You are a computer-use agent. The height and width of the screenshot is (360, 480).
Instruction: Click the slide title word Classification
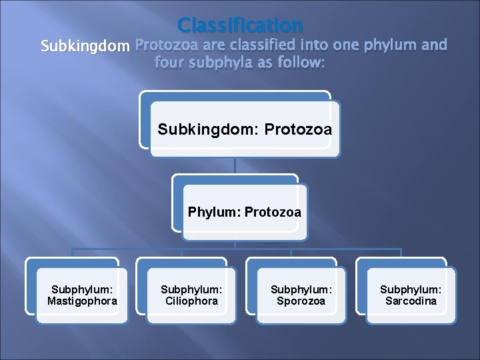click(x=240, y=25)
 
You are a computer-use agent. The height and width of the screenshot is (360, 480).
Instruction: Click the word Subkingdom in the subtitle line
click(x=86, y=47)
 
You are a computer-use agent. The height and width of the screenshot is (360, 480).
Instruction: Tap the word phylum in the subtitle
click(x=388, y=47)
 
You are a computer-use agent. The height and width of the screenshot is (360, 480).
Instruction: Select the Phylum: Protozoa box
click(x=244, y=213)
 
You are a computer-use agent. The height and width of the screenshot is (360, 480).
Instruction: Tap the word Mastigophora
click(x=82, y=301)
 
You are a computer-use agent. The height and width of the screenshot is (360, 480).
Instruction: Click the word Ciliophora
click(x=191, y=301)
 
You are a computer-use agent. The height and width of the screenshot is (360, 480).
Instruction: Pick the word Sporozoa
click(x=301, y=301)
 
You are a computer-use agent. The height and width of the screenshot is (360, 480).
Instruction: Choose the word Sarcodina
click(x=411, y=301)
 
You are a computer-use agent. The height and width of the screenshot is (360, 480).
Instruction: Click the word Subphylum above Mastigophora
click(x=82, y=289)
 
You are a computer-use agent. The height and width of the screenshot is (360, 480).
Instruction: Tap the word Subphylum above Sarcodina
click(x=411, y=289)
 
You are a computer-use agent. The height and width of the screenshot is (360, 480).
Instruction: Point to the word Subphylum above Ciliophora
click(x=191, y=289)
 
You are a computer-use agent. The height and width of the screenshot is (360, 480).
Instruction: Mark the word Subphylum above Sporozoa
click(x=301, y=289)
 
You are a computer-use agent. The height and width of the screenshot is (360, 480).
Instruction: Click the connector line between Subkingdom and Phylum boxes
click(x=235, y=167)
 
